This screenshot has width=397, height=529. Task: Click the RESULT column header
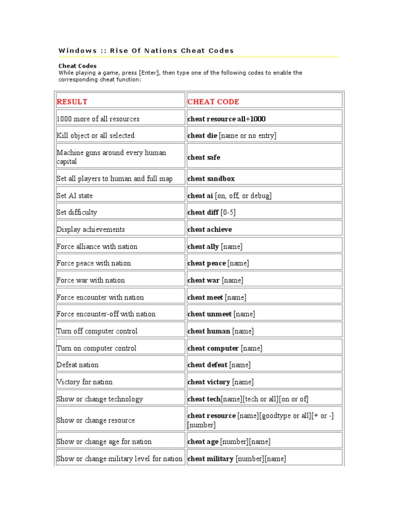coord(72,102)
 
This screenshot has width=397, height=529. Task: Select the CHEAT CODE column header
coord(213,102)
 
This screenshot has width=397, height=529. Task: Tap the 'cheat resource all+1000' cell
coord(226,119)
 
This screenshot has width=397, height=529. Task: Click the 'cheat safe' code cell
coord(204,157)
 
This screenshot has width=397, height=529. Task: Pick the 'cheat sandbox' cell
coord(211,179)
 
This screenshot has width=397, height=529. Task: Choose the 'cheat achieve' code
coord(209,229)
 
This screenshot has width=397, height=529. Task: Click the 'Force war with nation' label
coord(90,280)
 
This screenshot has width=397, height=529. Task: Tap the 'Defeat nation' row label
coord(78,365)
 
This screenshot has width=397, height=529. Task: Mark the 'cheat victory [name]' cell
coord(220,382)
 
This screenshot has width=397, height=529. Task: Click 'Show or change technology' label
coord(100,399)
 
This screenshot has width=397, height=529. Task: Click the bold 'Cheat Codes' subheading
coord(77,66)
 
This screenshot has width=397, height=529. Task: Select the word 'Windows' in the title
coord(78,51)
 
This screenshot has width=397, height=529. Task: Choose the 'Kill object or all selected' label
coord(95,135)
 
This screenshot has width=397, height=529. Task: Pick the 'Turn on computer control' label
coord(97,348)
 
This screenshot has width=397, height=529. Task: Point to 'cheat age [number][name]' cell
coord(228,442)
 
